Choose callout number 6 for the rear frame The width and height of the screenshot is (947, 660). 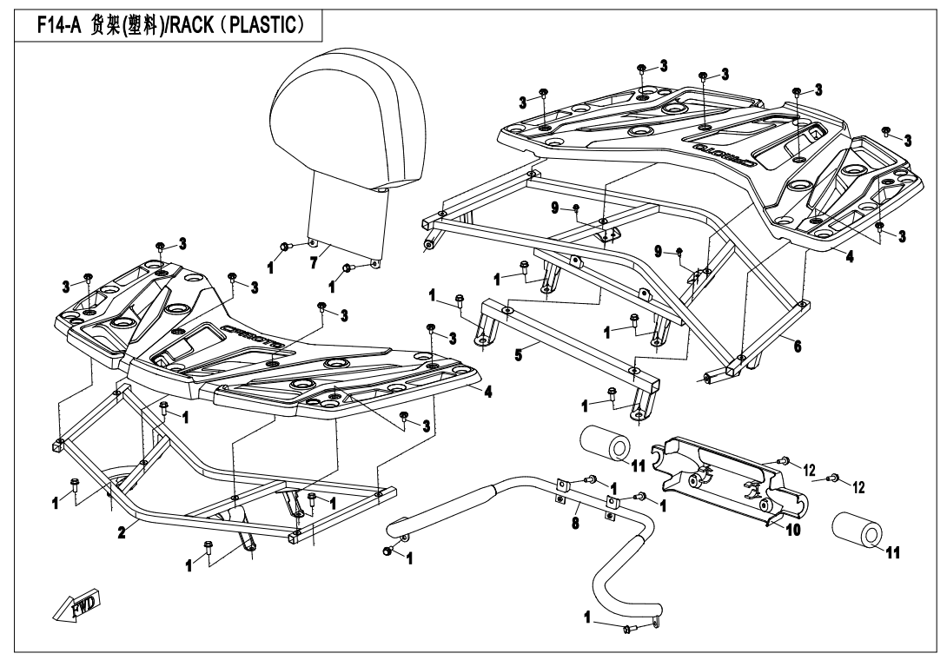797,346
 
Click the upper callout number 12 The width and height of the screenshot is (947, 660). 809,470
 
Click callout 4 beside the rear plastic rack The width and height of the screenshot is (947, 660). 849,257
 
